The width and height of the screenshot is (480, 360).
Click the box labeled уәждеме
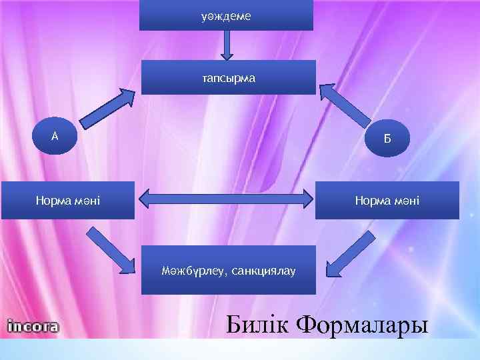tap(226, 15)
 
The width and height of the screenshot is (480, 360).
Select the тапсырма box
tap(228, 77)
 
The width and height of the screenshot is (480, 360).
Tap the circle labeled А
tap(56, 136)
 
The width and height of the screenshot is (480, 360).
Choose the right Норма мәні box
tap(387, 200)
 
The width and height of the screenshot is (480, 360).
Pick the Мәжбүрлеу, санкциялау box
tap(228, 270)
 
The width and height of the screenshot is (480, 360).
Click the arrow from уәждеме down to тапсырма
tap(227, 45)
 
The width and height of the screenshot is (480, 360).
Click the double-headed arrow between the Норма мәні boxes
tap(225, 199)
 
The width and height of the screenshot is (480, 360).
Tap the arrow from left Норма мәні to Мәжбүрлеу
tap(109, 251)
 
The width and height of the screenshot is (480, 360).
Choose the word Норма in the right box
tap(375, 200)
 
